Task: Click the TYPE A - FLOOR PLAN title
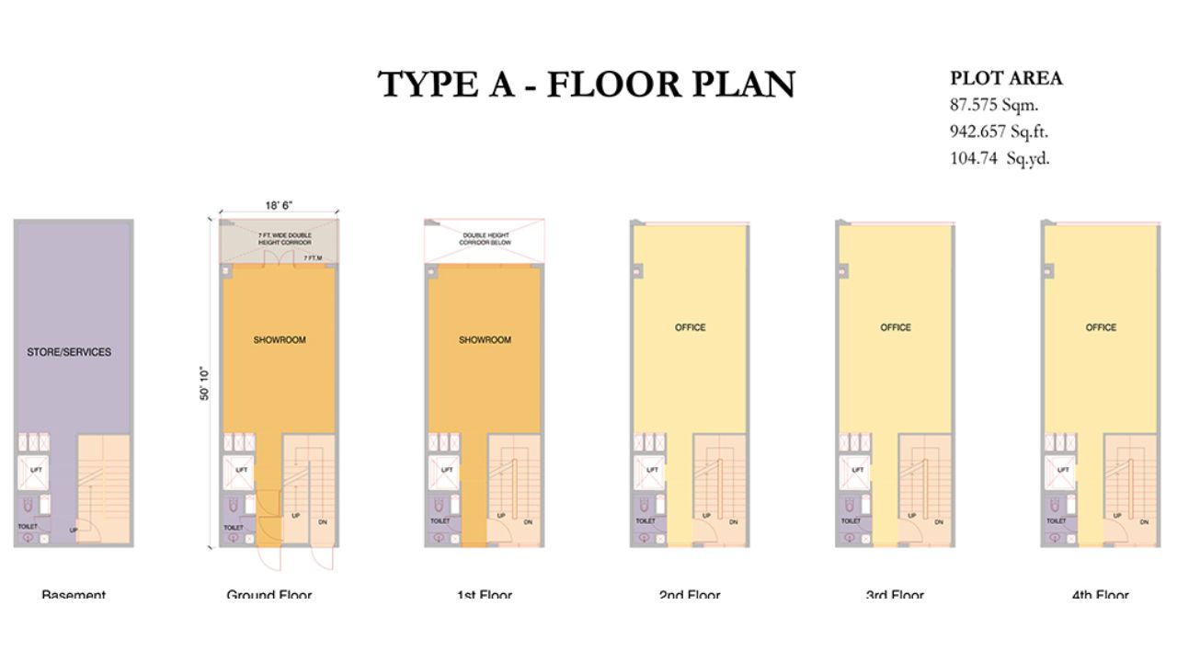click(587, 85)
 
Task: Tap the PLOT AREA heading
click(1006, 78)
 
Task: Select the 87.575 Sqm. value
click(994, 105)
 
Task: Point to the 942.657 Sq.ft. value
click(999, 131)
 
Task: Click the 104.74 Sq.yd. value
click(1000, 158)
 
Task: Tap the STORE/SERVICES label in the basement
click(69, 352)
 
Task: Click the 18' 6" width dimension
click(279, 205)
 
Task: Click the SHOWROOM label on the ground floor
click(280, 340)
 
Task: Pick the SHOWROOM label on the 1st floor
click(485, 340)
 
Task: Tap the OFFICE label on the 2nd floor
click(691, 327)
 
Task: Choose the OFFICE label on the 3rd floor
click(896, 327)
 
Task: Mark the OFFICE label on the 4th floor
click(1101, 327)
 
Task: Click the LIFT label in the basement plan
click(36, 470)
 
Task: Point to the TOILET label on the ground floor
click(233, 528)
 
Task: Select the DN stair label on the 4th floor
click(1144, 522)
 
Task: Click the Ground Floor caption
click(269, 595)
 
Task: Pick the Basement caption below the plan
click(74, 595)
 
